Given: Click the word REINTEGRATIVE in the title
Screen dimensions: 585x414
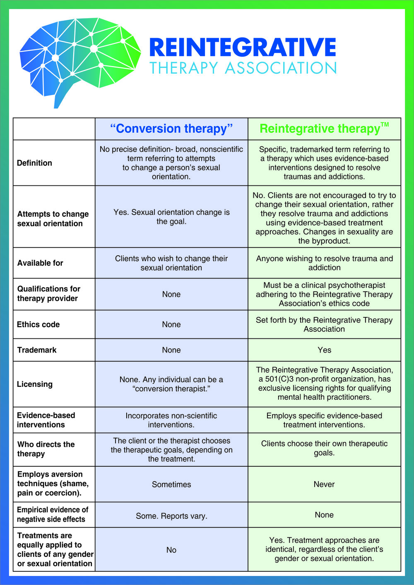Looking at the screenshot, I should (242, 47).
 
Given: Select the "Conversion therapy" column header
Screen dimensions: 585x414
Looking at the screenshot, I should (171, 129).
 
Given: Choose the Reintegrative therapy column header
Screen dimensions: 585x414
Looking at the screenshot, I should (320, 129).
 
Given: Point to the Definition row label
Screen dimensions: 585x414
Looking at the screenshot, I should (34, 163).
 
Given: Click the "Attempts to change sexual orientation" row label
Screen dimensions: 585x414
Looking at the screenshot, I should (53, 218).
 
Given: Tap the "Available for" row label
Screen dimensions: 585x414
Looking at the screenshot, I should (40, 263).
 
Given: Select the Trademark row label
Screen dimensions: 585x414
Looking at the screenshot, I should (37, 350).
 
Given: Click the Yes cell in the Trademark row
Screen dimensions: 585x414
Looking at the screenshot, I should (324, 350).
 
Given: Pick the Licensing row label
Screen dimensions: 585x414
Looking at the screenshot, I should (35, 384).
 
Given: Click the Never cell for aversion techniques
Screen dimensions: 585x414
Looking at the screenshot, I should (324, 484).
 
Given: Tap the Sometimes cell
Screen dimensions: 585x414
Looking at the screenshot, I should (171, 484).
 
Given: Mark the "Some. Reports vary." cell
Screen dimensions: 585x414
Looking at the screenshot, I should (171, 516).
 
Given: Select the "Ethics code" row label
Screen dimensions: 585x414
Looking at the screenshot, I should (38, 324).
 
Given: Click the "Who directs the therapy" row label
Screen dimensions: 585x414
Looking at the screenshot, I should (46, 449).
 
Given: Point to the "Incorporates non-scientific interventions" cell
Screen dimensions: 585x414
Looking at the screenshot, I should (171, 420).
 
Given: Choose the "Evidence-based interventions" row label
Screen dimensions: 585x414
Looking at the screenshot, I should (46, 420).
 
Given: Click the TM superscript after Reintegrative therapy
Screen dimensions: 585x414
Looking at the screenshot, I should (385, 124).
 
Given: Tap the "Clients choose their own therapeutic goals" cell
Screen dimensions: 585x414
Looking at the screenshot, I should (324, 448).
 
